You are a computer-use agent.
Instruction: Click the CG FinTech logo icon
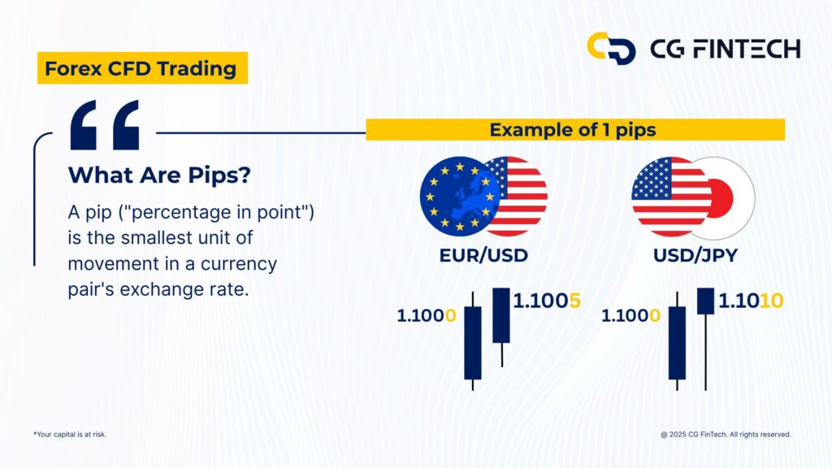click(610, 48)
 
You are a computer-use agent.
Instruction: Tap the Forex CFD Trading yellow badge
click(142, 69)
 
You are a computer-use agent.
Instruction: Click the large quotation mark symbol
click(104, 125)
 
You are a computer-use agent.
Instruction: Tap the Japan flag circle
click(728, 197)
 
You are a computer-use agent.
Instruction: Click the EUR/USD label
click(483, 255)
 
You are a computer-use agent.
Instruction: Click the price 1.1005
click(547, 301)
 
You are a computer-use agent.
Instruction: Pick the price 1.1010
click(751, 301)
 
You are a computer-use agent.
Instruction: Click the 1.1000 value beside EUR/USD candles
click(427, 315)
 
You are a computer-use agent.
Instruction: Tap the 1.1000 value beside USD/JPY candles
click(630, 315)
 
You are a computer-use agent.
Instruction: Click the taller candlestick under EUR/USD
click(472, 342)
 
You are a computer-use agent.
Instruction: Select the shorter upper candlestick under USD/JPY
click(705, 301)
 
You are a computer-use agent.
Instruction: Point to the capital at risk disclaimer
click(70, 435)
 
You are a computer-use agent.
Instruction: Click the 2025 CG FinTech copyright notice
click(726, 435)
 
